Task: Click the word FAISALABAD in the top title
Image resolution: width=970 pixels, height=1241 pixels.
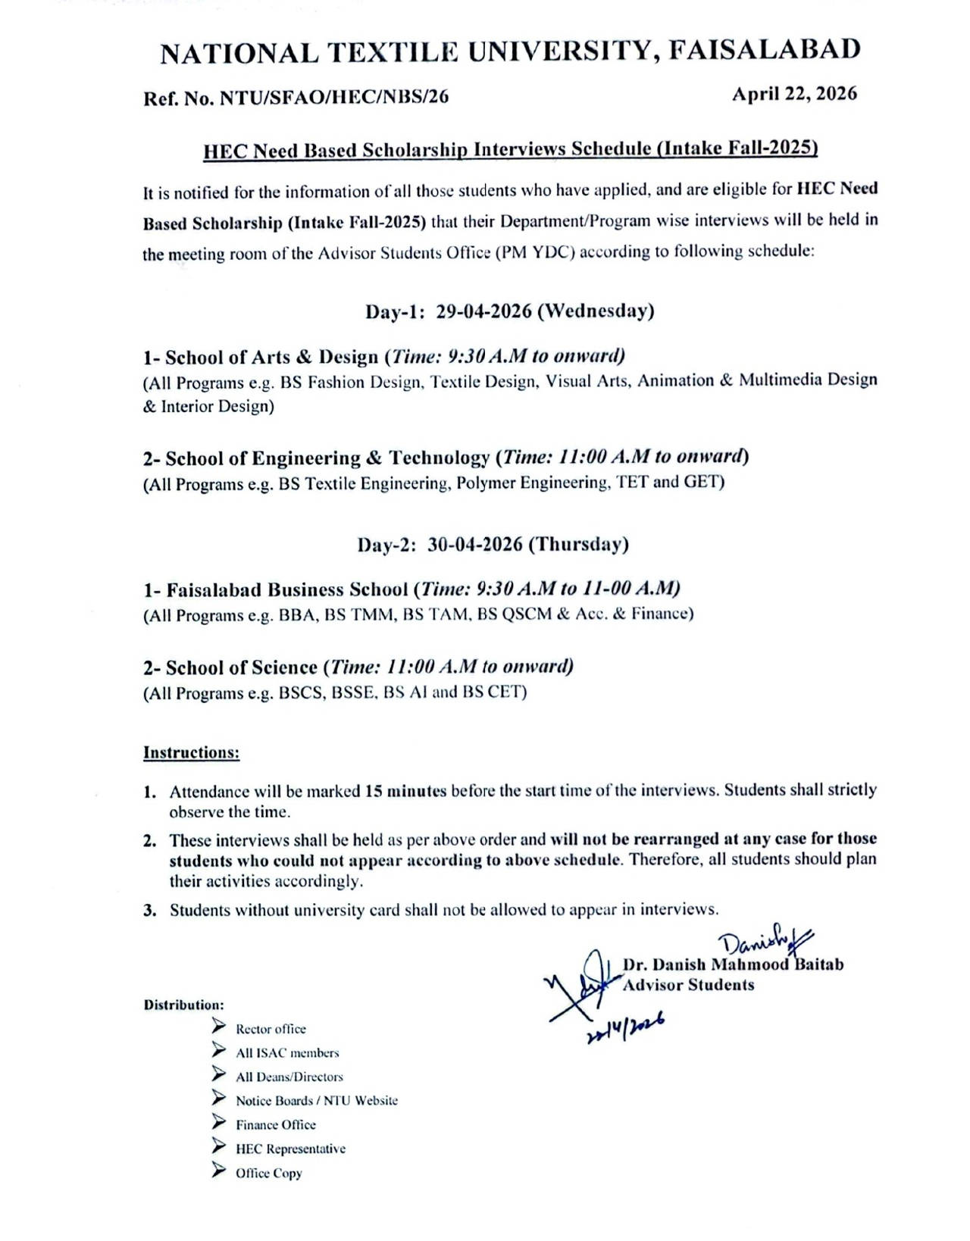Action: [765, 50]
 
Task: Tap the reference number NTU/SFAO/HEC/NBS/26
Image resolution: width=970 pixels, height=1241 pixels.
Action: [333, 98]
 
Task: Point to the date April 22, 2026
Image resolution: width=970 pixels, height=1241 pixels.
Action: [794, 94]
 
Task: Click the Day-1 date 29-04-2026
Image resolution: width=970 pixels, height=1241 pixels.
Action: [483, 312]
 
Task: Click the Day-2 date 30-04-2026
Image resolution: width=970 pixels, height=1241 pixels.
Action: [474, 545]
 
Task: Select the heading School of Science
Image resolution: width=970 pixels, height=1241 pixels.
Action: [241, 667]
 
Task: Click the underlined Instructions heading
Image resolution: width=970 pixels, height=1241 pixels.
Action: [192, 753]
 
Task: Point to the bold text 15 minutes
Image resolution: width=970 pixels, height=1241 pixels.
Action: [405, 792]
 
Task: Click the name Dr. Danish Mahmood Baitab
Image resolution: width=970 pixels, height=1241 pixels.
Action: [733, 965]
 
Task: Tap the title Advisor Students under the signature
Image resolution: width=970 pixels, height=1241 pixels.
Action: [688, 986]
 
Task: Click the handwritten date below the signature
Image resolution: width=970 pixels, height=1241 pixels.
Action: [625, 1029]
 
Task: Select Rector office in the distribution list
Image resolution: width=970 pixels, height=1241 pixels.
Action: [271, 1029]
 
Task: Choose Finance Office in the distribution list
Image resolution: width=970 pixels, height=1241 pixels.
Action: [275, 1125]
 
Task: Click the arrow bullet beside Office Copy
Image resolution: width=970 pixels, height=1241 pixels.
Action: [219, 1171]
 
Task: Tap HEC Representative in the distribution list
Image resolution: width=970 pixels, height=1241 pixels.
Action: [290, 1149]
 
